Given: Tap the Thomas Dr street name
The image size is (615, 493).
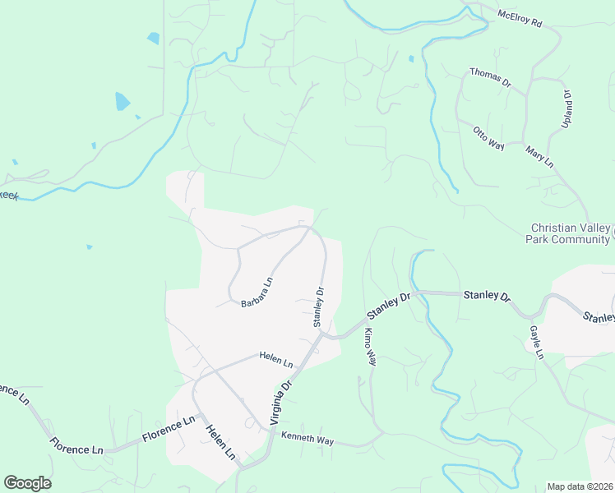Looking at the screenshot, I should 490,78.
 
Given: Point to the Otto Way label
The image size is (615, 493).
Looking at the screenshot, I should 488,137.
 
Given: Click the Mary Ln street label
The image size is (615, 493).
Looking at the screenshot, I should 539,156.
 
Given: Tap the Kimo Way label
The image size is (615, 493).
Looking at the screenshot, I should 371,347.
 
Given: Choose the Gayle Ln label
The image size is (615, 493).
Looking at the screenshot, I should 537,342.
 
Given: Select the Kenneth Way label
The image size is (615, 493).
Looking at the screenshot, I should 307,440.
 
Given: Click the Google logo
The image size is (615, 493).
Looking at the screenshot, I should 27,483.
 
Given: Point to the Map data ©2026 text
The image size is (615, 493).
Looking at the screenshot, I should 580,486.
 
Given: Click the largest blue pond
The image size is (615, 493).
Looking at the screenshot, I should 123,102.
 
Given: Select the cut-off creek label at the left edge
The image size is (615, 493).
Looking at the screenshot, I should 8,195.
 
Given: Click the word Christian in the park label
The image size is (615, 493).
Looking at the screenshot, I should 553,228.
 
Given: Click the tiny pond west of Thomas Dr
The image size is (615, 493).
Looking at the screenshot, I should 410,59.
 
